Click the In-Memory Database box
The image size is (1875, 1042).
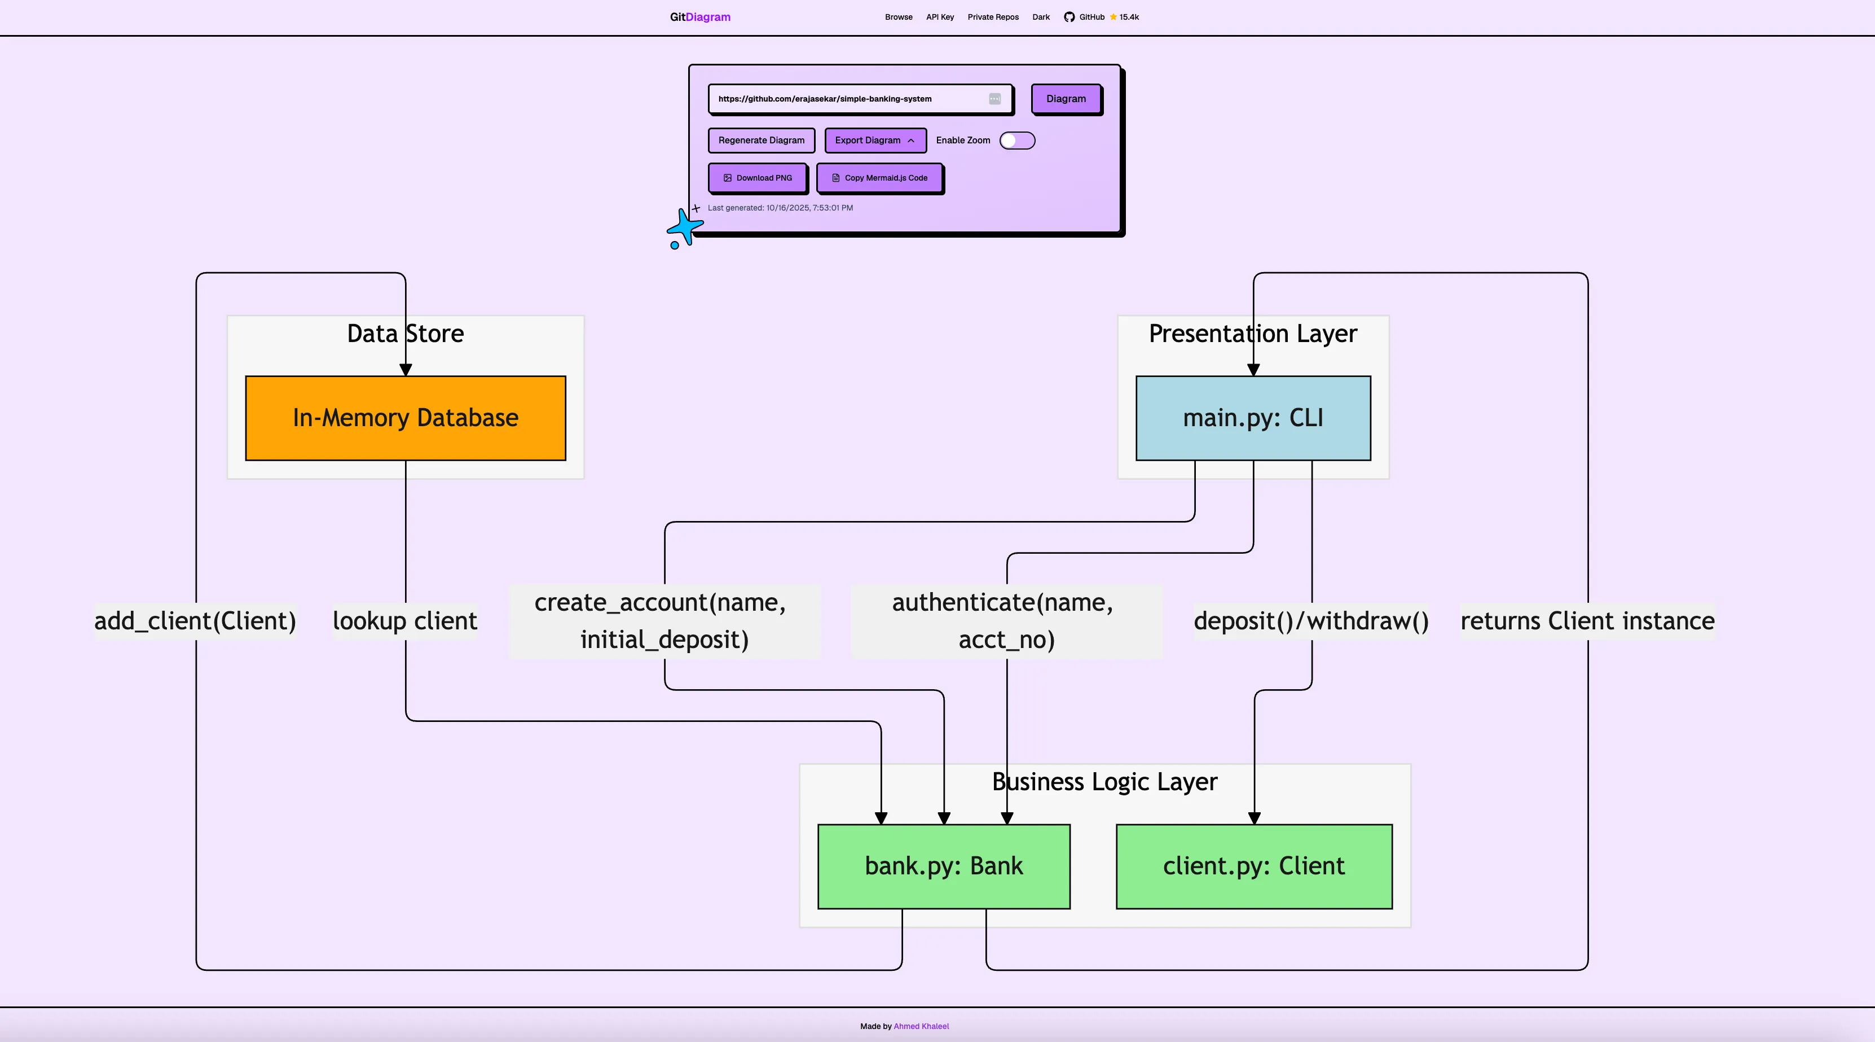point(406,418)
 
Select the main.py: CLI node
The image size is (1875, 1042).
point(1253,418)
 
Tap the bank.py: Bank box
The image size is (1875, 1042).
point(943,866)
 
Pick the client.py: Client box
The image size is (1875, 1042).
point(1253,866)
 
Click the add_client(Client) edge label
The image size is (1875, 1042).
point(195,620)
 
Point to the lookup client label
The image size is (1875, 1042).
point(404,620)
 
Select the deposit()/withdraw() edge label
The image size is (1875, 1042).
point(1311,620)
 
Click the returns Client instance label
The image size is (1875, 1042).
point(1587,620)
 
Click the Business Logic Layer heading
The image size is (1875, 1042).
point(1104,781)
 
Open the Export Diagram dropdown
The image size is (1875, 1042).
point(875,141)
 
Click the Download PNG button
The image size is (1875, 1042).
point(757,178)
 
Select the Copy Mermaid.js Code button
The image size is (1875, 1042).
point(879,178)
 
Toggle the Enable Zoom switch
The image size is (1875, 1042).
point(1017,141)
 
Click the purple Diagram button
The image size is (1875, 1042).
point(1066,99)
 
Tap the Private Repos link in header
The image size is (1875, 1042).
point(993,17)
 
